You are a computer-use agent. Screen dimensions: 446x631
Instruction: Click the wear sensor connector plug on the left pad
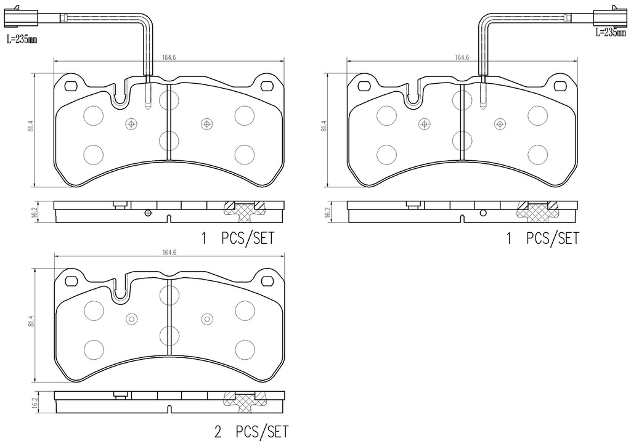coord(17,18)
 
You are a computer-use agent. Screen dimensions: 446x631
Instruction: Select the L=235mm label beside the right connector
coord(610,33)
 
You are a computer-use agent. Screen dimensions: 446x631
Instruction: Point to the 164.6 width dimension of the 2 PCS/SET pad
coord(169,252)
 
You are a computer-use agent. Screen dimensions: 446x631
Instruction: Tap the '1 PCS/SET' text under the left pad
coord(237,239)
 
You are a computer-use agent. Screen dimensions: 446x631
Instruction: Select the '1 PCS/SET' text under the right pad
coord(542,239)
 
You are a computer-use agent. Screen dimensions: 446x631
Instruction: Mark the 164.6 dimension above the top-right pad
coord(462,57)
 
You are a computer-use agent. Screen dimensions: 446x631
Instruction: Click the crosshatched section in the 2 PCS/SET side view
coord(243,402)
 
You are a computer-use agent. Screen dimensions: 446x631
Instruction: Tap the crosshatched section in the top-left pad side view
coord(243,210)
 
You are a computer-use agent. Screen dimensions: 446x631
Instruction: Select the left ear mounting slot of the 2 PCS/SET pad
coord(70,281)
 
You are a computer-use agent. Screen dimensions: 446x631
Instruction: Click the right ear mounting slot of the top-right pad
coord(560,86)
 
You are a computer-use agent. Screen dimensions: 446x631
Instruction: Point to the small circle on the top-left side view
coord(147,213)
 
